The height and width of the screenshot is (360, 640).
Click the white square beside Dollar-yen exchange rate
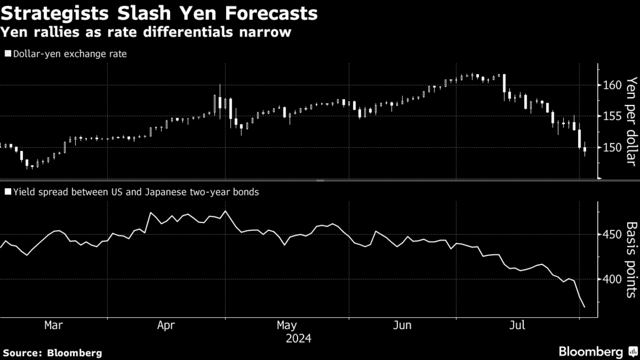(x=7, y=54)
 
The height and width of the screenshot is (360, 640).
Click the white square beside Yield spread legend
(x=7, y=192)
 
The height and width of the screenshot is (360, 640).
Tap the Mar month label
(x=53, y=325)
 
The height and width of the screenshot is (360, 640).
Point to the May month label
(x=287, y=325)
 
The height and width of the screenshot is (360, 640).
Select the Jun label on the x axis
(x=403, y=325)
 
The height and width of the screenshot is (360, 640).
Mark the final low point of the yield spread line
(x=584, y=307)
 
